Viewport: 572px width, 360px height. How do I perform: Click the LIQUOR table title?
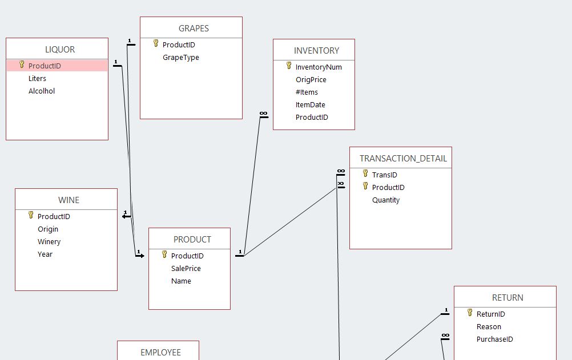(x=60, y=50)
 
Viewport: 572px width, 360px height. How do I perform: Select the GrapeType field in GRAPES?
(x=180, y=58)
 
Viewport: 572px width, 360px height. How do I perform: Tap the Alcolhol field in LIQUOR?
(x=42, y=91)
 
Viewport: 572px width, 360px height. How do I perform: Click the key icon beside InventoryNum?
(x=289, y=66)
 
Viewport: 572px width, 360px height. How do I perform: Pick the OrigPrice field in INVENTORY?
(x=311, y=80)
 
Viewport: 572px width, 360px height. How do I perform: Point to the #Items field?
(x=307, y=92)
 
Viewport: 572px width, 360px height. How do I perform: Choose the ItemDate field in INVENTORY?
(x=310, y=105)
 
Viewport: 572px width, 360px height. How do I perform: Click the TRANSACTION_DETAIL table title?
(x=403, y=159)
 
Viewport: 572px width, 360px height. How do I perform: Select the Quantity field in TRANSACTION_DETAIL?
(x=386, y=200)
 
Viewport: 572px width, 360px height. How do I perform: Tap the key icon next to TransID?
(x=365, y=173)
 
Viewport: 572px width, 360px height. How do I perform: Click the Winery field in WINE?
(x=49, y=242)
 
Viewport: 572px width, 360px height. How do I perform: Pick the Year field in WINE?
(x=45, y=254)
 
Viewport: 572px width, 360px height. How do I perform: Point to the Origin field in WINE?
(x=48, y=229)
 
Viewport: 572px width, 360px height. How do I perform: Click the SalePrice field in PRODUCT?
(x=186, y=269)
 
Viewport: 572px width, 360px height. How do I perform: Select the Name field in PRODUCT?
(x=181, y=281)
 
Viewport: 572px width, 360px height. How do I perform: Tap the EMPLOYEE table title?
(x=160, y=353)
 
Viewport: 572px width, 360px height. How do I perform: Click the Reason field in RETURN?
(x=489, y=327)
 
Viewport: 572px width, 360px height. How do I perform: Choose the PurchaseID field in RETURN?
(x=494, y=339)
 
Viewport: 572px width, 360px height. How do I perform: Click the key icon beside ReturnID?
(x=470, y=313)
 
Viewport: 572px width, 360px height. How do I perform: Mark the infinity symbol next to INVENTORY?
(x=263, y=114)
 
